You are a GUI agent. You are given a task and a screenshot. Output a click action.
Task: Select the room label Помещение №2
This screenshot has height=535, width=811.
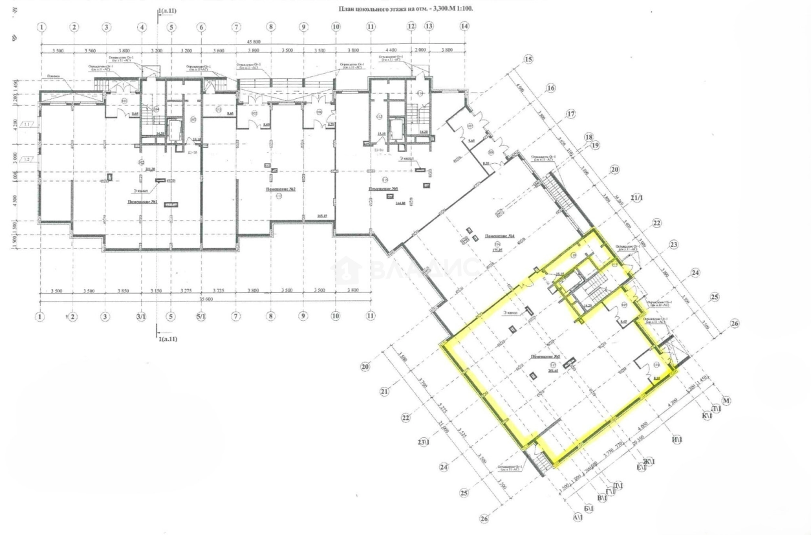click(x=281, y=189)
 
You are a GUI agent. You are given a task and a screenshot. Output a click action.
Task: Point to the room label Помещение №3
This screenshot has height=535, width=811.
click(x=383, y=188)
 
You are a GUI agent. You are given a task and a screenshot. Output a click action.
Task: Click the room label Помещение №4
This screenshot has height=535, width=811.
click(x=499, y=235)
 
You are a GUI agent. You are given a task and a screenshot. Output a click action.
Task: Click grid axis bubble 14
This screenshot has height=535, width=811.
click(x=464, y=27)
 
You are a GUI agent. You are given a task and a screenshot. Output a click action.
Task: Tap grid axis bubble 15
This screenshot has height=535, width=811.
click(x=528, y=60)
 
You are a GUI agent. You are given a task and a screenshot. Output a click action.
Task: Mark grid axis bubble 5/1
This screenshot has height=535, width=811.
click(x=201, y=316)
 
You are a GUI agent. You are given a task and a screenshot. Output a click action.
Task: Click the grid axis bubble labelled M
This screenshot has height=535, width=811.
click(x=726, y=402)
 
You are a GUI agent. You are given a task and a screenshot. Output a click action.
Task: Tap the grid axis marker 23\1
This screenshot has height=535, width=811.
click(x=424, y=442)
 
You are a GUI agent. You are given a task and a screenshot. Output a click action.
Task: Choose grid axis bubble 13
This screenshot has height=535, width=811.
click(x=428, y=27)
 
